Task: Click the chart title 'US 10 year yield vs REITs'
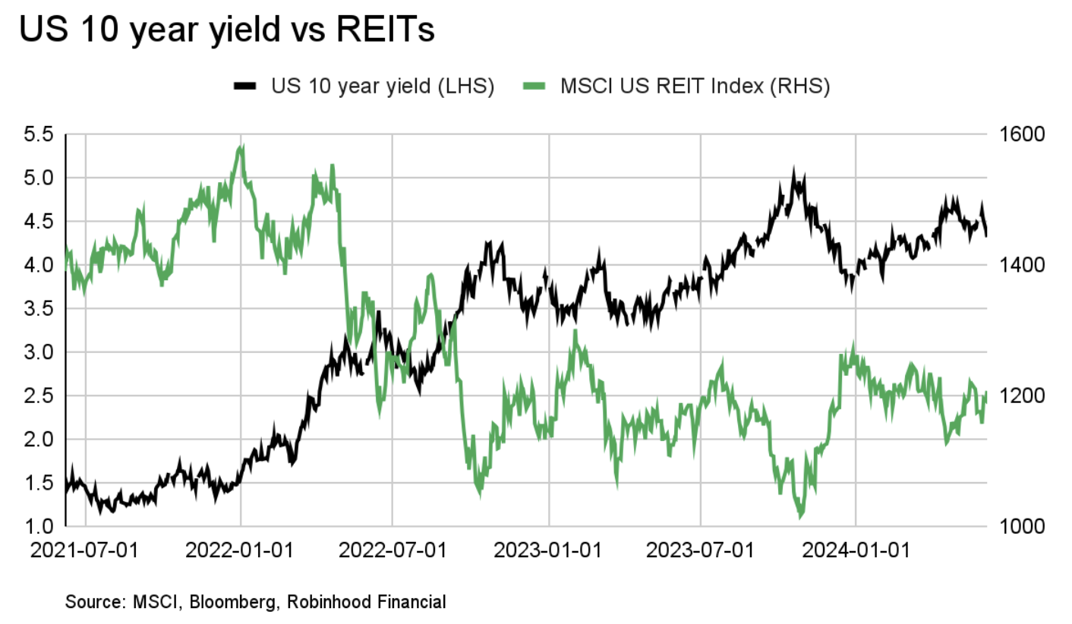(x=226, y=31)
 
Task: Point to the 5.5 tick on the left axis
(x=39, y=135)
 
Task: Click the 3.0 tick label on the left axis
(x=39, y=353)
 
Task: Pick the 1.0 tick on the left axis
(x=39, y=527)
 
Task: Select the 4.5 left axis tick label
(x=39, y=222)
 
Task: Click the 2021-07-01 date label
(x=86, y=548)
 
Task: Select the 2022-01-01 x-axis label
(x=241, y=548)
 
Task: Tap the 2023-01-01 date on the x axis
(x=549, y=548)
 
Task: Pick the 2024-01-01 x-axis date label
(x=856, y=548)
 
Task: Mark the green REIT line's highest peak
(x=241, y=147)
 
